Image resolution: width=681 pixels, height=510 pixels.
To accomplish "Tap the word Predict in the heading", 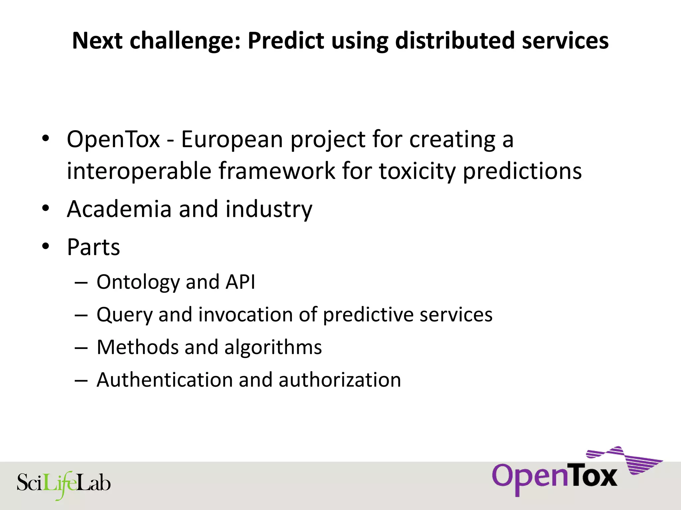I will pos(286,41).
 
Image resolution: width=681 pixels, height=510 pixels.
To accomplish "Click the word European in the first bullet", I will pos(232,139).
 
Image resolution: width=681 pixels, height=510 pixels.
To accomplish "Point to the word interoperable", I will pos(139,171).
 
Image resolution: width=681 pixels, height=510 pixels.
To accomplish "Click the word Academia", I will pos(119,209).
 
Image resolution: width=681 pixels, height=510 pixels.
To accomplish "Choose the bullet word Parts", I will pos(93,247).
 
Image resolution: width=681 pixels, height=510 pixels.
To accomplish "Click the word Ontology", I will pos(138,283).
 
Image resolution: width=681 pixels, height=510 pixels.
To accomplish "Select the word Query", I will pos(124,315).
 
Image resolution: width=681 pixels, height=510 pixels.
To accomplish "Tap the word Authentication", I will pos(165,380).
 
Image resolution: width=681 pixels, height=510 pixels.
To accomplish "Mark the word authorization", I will pos(340,380).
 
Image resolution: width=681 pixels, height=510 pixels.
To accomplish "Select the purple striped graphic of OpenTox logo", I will pos(625,460).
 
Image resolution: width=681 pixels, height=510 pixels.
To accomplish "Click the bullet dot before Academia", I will pos(46,209).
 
